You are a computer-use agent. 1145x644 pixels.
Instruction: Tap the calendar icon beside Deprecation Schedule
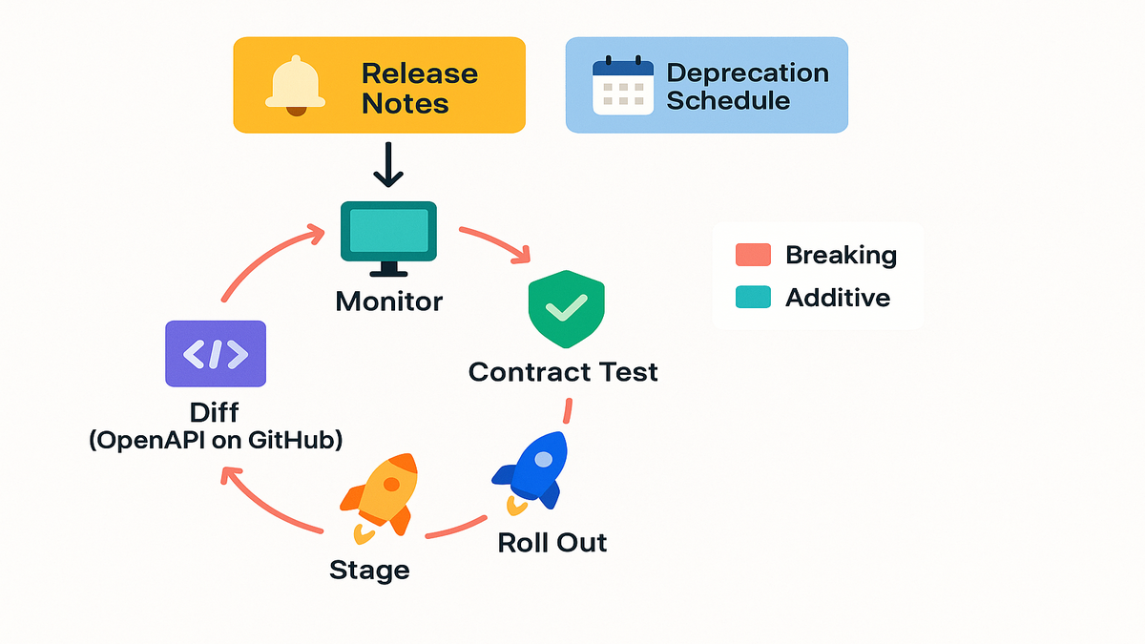click(x=623, y=87)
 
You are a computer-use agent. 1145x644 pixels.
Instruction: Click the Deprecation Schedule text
click(x=747, y=87)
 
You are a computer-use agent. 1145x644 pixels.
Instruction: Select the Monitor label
click(x=389, y=302)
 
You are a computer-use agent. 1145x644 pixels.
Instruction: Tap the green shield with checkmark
click(x=566, y=308)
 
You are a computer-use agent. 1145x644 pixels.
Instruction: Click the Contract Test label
click(x=563, y=371)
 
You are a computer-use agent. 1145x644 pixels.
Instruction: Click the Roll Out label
click(x=552, y=542)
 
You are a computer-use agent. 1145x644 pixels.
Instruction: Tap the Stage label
click(x=369, y=571)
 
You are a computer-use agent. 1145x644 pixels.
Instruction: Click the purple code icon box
click(x=216, y=354)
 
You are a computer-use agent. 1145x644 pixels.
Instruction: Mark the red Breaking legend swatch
click(x=753, y=256)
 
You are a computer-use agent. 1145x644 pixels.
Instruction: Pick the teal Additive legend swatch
click(x=753, y=298)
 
